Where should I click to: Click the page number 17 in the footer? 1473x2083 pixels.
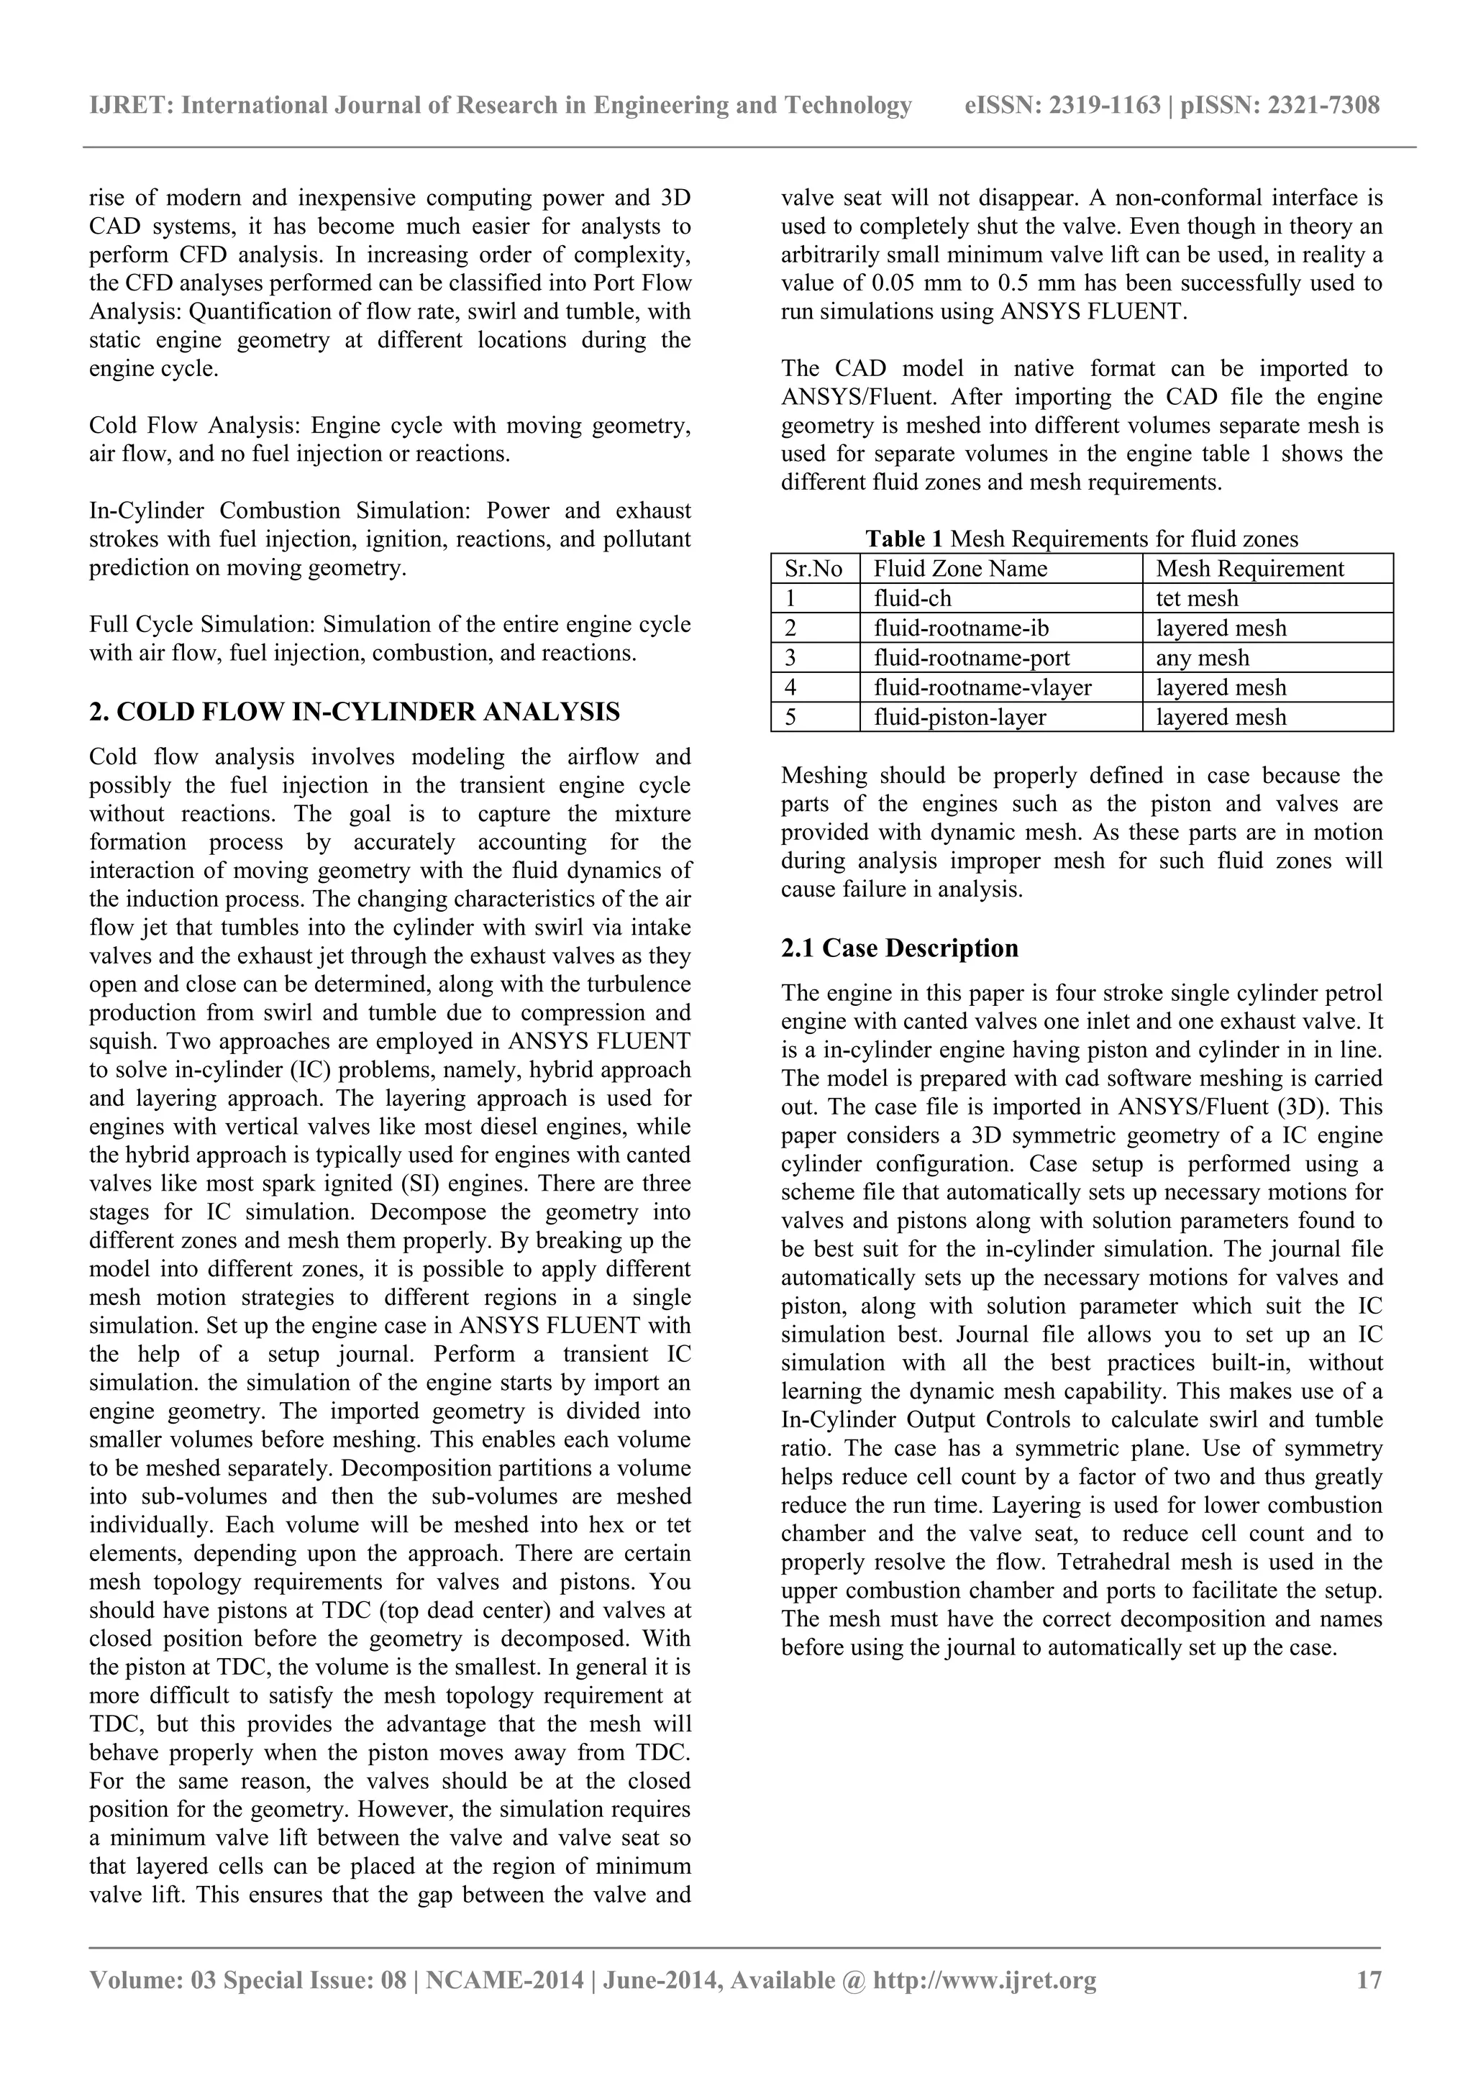(1368, 1979)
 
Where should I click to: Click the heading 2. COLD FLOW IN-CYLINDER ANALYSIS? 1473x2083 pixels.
(355, 712)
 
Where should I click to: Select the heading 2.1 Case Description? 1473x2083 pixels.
(900, 948)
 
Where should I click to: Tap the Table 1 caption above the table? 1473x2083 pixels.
(1081, 539)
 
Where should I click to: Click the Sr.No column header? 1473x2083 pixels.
(813, 569)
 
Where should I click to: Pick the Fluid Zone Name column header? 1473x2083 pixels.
(959, 569)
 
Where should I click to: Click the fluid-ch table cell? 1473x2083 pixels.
(912, 599)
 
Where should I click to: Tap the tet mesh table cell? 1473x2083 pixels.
(1196, 599)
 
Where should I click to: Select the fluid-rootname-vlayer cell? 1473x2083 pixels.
(982, 687)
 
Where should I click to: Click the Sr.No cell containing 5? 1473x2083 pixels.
(790, 718)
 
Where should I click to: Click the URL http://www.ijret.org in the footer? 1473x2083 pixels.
(984, 1979)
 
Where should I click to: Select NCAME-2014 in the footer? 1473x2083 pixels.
(503, 1979)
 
